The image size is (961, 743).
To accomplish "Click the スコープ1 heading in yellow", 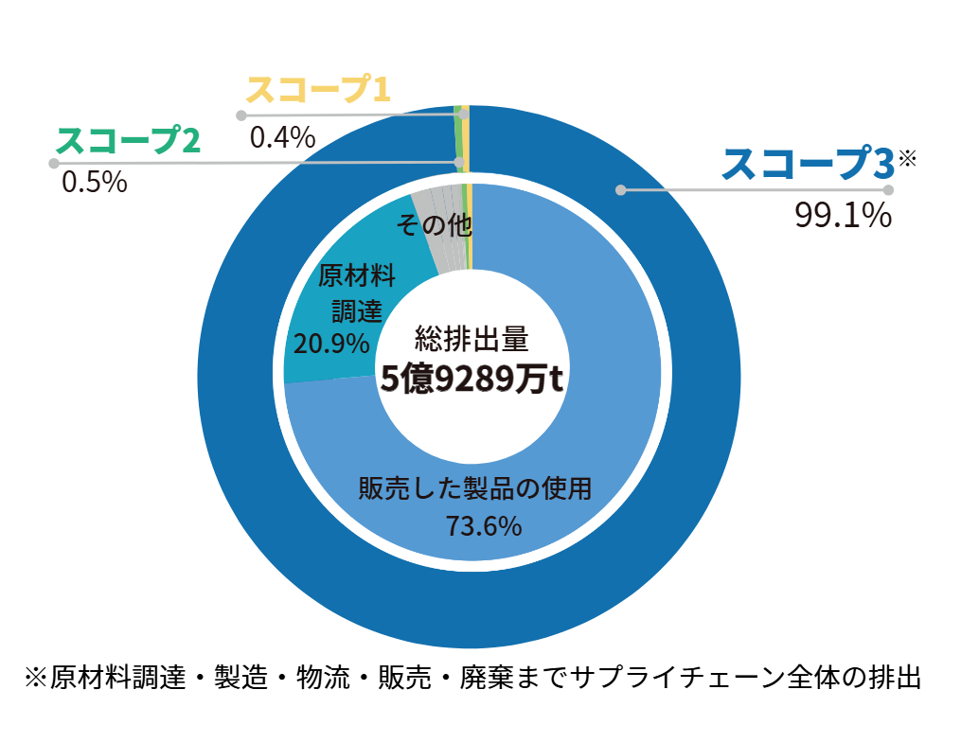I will click(318, 90).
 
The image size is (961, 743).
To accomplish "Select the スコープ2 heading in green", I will click(128, 141).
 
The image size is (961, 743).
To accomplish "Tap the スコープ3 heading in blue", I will click(807, 164).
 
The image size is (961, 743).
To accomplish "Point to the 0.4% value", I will click(282, 138).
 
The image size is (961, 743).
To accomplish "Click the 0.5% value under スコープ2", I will click(94, 181).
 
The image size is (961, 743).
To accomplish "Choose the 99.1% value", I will click(843, 217).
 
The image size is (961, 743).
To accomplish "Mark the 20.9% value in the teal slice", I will click(331, 342).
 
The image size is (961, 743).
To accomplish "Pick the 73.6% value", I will click(483, 525).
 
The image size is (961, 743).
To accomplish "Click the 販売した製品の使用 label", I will click(474, 489).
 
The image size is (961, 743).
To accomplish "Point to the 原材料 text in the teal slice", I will click(356, 275).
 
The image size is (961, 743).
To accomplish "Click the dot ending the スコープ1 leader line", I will click(241, 115).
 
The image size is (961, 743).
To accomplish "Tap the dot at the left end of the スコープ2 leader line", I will click(53, 163).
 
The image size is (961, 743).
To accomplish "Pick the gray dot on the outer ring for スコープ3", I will click(621, 189).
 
